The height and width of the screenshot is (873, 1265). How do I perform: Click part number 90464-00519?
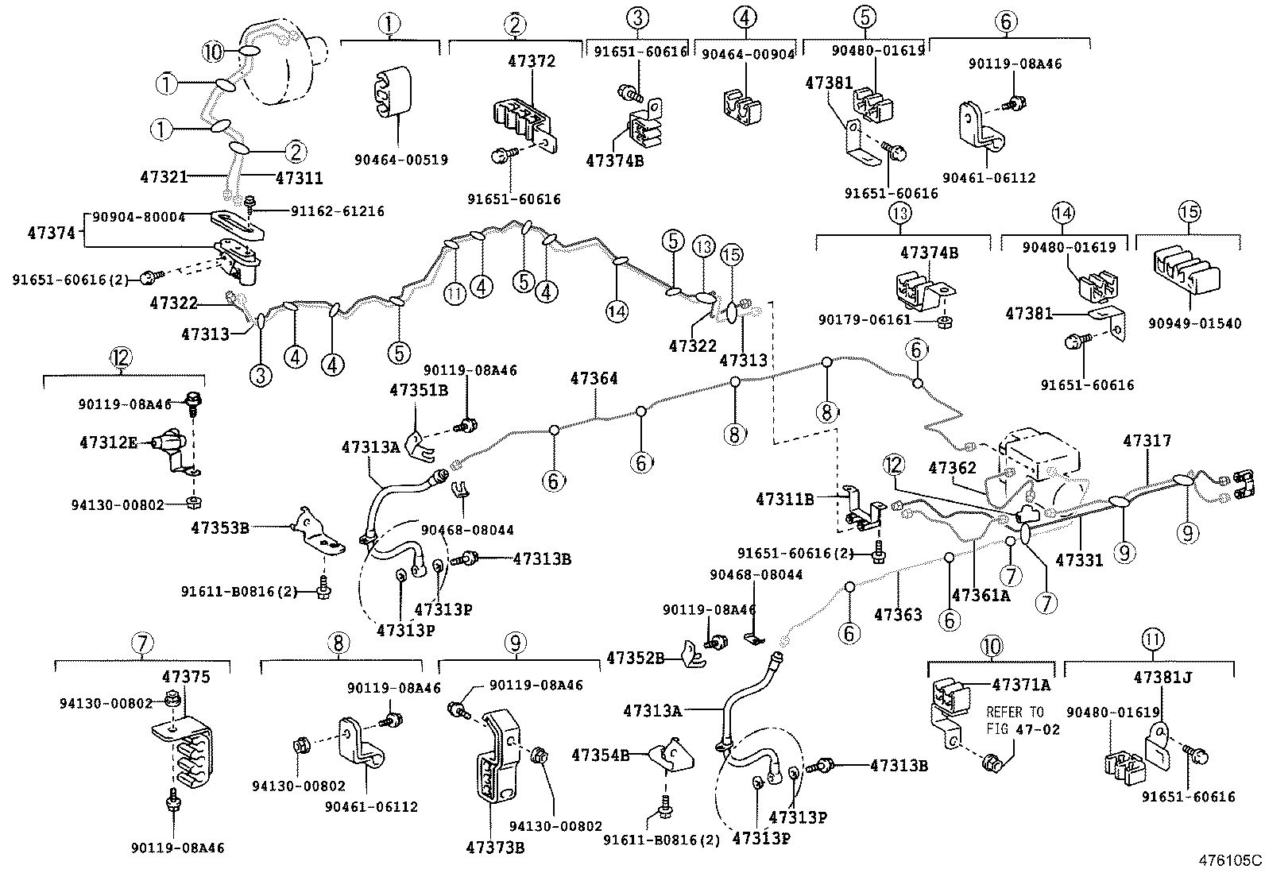pos(400,160)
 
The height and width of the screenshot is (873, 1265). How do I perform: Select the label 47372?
pos(532,61)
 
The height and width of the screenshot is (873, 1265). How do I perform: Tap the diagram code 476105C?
pos(1231,859)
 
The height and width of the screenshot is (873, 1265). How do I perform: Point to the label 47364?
pos(594,379)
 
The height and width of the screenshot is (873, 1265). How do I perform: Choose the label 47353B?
pos(220,526)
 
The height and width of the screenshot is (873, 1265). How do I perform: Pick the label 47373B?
pos(495,847)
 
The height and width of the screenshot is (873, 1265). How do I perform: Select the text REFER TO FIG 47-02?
pos(1023,720)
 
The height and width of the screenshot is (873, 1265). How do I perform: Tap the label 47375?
pos(186,677)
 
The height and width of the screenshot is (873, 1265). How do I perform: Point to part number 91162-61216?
pos(337,211)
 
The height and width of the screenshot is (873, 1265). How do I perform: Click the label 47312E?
pos(109,442)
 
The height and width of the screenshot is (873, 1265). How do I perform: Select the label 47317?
pos(1147,440)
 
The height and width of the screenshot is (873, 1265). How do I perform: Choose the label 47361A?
pos(981,594)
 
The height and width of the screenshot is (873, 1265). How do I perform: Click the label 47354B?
pos(601,755)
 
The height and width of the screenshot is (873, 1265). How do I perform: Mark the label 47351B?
pos(419,390)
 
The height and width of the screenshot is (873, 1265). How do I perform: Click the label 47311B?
pos(785,499)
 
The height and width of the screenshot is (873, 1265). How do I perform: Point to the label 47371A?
pos(1021,684)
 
